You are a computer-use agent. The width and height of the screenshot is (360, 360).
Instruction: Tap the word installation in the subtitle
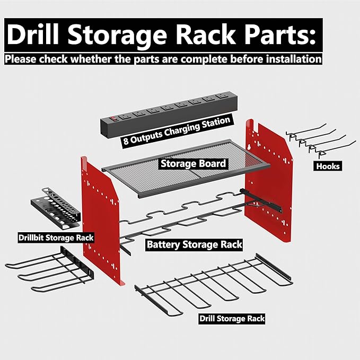[x=289, y=58]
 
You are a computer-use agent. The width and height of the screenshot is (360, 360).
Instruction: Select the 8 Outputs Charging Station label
[x=177, y=131]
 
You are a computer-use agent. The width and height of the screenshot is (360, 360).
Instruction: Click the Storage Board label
[x=193, y=163]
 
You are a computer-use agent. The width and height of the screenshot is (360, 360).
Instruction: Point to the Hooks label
[x=328, y=166]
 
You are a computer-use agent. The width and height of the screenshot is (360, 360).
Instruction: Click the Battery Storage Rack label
[x=194, y=244]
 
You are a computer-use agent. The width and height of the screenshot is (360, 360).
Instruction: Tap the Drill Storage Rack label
[x=232, y=319]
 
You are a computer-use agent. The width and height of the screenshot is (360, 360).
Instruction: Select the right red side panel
[x=270, y=180]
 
